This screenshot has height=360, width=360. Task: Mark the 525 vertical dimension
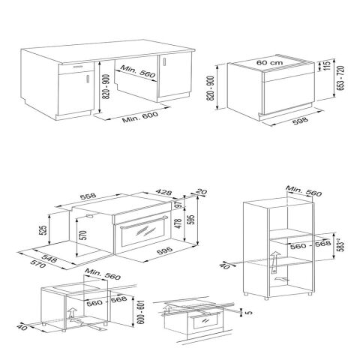[x=43, y=230]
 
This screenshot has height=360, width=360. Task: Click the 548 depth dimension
[x=50, y=256]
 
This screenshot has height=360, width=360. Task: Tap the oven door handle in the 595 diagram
[x=143, y=222]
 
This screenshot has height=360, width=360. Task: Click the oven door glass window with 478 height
[x=144, y=238]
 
